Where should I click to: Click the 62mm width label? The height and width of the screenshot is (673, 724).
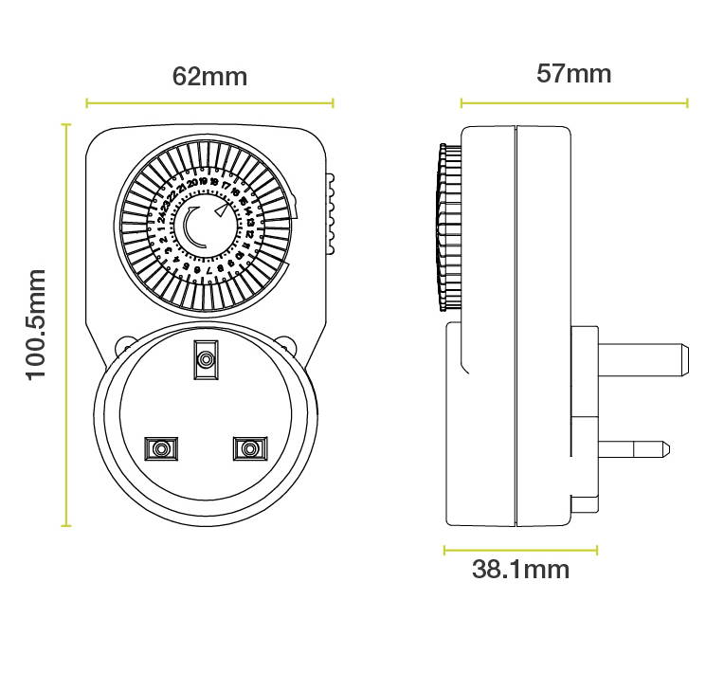[x=209, y=77]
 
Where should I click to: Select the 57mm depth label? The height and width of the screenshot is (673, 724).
[x=573, y=73]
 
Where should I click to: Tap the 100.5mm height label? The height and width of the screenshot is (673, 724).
[x=36, y=323]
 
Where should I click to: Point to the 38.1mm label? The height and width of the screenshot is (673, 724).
[x=520, y=570]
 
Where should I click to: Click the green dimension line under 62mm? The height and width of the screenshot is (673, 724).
[x=209, y=102]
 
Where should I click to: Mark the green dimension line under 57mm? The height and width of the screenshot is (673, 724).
[x=573, y=102]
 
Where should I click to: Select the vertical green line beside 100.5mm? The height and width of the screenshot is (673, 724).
[x=66, y=323]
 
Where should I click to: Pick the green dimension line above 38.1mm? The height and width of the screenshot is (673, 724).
[x=520, y=548]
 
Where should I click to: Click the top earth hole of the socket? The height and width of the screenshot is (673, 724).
[x=205, y=358]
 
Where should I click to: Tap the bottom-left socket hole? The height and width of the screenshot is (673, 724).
[x=160, y=446]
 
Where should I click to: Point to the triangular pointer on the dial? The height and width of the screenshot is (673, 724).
[x=222, y=210]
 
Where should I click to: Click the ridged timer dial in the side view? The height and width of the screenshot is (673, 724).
[x=443, y=227]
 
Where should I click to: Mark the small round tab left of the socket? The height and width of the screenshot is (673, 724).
[x=123, y=346]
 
